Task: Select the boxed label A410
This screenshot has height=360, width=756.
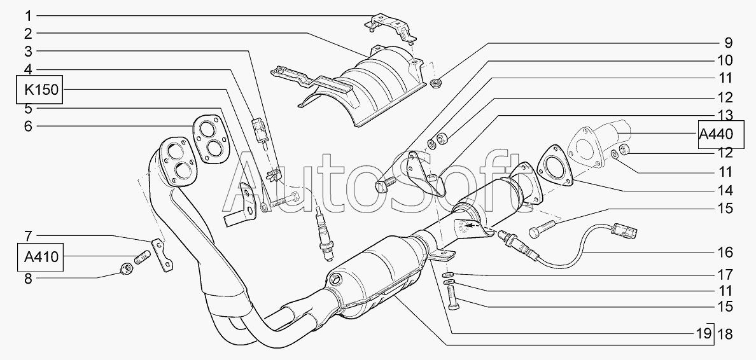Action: tap(41, 257)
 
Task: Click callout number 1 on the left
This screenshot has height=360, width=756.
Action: tap(28, 16)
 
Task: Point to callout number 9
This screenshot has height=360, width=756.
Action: tap(728, 43)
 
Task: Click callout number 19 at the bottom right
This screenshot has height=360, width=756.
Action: tap(703, 333)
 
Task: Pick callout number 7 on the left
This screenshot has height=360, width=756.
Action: tap(28, 236)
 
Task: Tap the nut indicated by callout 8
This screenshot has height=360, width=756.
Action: tap(127, 268)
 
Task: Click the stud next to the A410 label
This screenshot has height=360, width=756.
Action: tap(142, 256)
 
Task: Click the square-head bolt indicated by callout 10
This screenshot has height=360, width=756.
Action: tap(385, 184)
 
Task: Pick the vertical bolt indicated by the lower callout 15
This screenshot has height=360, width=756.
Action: tap(452, 298)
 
